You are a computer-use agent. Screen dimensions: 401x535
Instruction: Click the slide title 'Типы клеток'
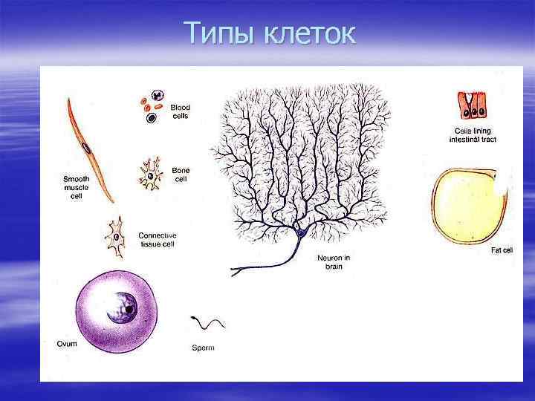click(270, 33)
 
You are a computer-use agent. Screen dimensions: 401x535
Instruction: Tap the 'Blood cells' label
click(181, 111)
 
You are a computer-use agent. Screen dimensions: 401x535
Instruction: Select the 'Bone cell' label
click(181, 175)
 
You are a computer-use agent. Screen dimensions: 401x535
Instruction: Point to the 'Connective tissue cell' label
click(158, 240)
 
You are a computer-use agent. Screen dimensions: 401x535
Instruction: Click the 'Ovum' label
click(66, 344)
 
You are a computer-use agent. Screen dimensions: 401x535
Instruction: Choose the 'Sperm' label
click(203, 348)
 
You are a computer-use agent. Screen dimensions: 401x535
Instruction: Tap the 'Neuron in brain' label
click(334, 262)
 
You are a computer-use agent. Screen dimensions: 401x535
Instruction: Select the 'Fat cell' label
click(502, 251)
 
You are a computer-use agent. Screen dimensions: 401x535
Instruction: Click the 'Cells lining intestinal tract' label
click(475, 135)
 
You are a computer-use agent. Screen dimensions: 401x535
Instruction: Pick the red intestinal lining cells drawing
click(473, 105)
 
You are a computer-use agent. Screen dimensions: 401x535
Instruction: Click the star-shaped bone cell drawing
click(152, 175)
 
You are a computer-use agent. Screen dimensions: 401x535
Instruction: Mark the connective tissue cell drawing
click(117, 237)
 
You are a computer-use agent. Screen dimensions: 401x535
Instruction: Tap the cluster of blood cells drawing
click(153, 107)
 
